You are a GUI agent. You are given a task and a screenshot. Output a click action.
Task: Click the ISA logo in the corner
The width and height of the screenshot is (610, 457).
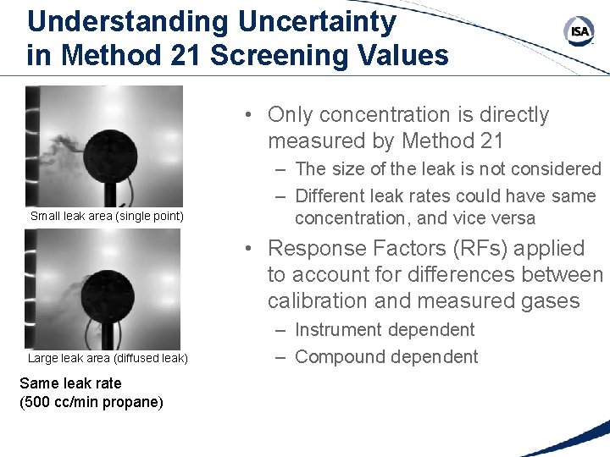579,31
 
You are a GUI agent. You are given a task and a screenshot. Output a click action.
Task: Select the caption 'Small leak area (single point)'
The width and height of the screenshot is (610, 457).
107,216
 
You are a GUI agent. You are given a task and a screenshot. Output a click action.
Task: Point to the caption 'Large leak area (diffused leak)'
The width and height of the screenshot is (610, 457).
108,358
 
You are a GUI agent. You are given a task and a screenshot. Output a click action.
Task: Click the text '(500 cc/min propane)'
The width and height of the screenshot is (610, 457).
91,401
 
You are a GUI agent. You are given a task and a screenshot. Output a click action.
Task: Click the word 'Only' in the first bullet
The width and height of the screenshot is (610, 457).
293,114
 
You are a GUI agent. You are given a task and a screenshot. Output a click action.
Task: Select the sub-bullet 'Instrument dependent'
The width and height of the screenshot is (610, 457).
385,330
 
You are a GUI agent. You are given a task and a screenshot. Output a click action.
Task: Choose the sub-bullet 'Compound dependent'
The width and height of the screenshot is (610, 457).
386,357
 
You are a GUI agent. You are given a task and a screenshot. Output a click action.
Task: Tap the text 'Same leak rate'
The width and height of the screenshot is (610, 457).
70,383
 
